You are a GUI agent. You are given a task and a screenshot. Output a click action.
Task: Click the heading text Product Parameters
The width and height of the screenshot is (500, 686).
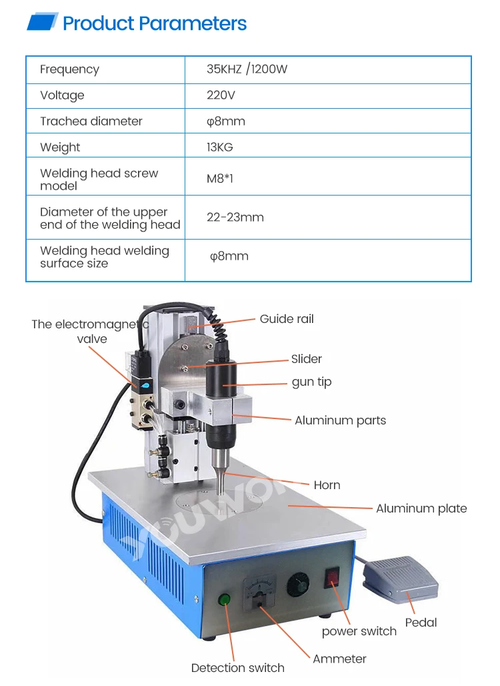click(x=154, y=24)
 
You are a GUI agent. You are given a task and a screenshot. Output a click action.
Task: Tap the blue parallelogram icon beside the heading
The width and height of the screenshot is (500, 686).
click(x=43, y=23)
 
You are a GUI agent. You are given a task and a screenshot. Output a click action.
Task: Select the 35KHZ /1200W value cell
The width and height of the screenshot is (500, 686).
click(x=247, y=69)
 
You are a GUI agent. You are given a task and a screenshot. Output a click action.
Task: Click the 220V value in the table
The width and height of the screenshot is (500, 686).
click(x=221, y=95)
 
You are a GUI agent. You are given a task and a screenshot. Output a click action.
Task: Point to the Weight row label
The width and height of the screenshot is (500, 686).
click(x=60, y=147)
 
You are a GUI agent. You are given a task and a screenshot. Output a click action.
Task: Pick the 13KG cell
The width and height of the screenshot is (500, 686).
click(x=220, y=147)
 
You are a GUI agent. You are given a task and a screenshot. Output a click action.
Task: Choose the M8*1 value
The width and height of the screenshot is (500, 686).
click(x=220, y=180)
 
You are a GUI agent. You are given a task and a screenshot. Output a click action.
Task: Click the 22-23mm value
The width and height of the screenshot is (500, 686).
click(x=235, y=218)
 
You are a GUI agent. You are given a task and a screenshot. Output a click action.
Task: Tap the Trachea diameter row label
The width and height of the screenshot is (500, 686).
click(x=91, y=121)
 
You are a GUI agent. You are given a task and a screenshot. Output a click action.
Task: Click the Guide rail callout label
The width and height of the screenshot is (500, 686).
click(x=287, y=319)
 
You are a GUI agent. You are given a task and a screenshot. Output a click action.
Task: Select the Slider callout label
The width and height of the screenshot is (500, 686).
click(x=306, y=359)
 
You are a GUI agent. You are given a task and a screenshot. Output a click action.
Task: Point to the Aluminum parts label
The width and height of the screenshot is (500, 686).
click(x=340, y=420)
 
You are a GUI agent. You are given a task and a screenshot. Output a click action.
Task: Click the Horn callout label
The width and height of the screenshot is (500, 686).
click(x=327, y=485)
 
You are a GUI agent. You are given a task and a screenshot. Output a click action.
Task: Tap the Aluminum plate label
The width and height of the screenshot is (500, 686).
click(x=421, y=508)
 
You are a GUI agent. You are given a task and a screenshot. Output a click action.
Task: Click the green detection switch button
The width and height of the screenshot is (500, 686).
click(x=225, y=599)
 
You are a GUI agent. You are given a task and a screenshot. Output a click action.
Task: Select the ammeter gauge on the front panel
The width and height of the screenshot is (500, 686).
click(x=261, y=589)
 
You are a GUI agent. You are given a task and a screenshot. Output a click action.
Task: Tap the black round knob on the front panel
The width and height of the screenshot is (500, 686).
click(x=298, y=587)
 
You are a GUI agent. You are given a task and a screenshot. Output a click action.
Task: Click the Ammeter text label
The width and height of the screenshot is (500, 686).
click(x=339, y=659)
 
